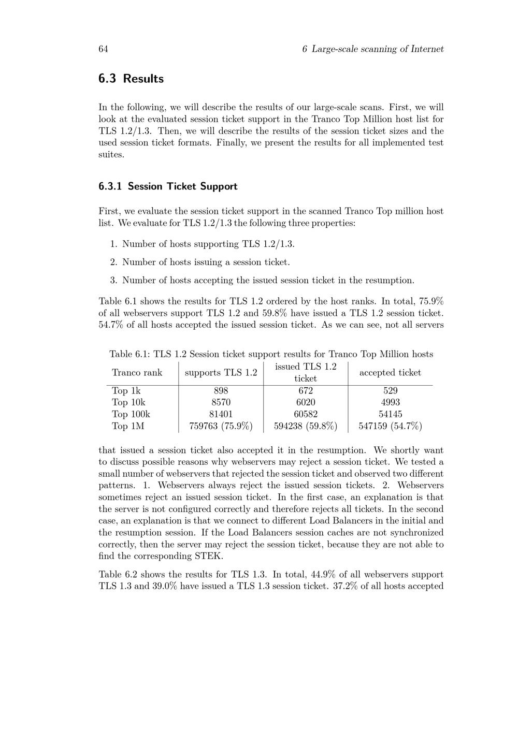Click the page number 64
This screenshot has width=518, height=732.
tap(103, 49)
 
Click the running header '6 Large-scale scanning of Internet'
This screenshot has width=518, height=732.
tap(372, 49)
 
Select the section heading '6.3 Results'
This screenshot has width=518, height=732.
tap(131, 79)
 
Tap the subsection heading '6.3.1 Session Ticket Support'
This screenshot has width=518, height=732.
tap(168, 186)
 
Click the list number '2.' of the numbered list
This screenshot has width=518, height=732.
tap(114, 262)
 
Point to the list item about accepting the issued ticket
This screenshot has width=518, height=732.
tap(268, 281)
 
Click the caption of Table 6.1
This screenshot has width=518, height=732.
tap(271, 354)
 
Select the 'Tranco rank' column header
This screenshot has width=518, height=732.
tap(137, 373)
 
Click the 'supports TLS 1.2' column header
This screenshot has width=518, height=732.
tap(221, 373)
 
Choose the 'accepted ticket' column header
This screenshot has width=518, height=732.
tap(390, 373)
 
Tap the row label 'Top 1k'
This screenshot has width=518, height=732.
tap(126, 391)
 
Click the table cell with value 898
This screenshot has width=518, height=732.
tap(221, 391)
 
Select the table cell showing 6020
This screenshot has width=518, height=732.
tap(306, 403)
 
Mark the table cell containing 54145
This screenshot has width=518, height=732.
tap(390, 414)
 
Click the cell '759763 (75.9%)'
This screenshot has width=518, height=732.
tap(221, 426)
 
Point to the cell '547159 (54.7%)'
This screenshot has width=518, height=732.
tap(390, 426)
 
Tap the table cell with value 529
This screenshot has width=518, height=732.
tap(390, 391)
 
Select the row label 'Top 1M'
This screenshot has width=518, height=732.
tap(128, 426)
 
